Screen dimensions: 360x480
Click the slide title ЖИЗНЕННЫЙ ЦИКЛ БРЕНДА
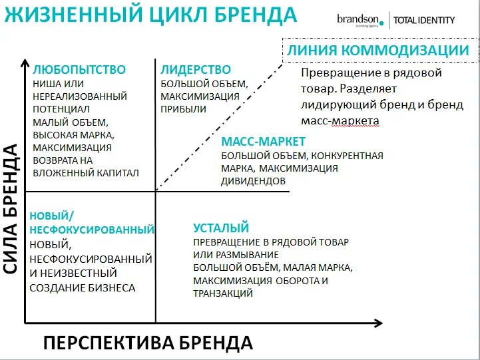(x=150, y=15)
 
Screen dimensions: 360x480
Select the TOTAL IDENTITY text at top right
(x=424, y=20)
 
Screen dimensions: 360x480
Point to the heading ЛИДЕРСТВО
(x=196, y=70)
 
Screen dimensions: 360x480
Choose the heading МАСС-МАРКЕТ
(x=264, y=142)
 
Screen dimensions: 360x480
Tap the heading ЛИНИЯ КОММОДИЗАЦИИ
(x=378, y=51)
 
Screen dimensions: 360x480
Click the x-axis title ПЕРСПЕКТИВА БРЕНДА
(x=148, y=343)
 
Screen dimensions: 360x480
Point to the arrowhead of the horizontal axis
(x=379, y=323)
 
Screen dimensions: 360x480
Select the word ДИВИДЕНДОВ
(x=254, y=180)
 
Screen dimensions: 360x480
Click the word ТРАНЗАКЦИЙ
(x=223, y=293)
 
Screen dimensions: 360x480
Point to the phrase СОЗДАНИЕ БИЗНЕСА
(x=83, y=287)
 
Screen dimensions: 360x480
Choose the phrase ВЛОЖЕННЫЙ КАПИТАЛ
(x=85, y=173)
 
